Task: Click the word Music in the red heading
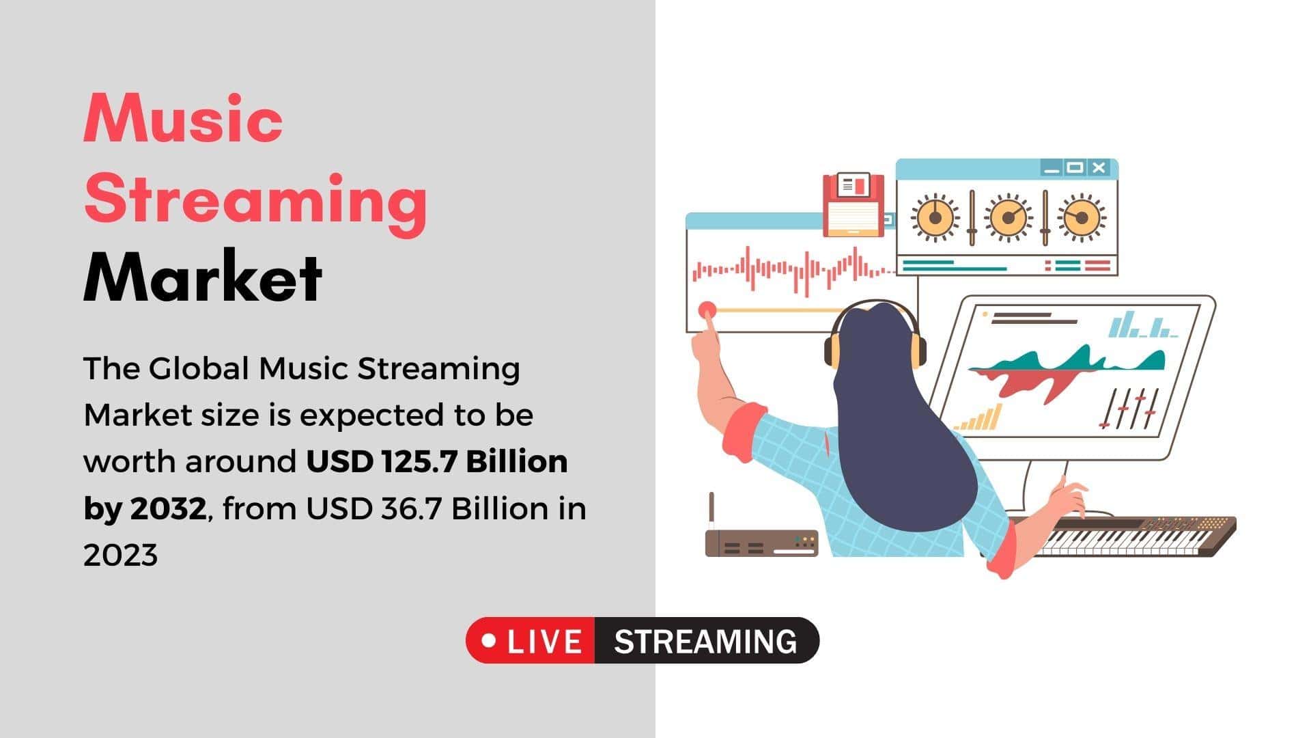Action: [183, 118]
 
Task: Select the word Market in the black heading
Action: [203, 276]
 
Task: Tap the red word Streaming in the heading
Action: [255, 200]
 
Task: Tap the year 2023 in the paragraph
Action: [120, 556]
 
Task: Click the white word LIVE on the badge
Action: [545, 642]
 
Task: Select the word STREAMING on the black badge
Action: [705, 642]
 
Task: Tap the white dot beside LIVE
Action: [489, 641]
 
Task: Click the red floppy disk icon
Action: [854, 204]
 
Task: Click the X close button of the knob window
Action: [1098, 167]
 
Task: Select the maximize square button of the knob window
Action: [1075, 167]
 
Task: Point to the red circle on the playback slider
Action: [707, 310]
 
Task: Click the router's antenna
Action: [711, 512]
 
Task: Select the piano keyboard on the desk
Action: [1120, 536]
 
